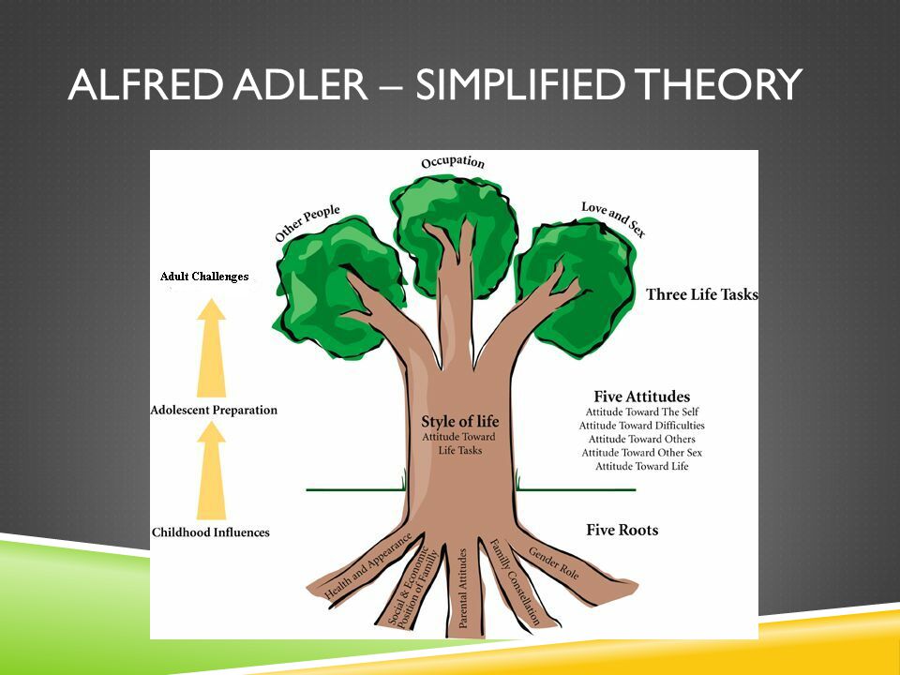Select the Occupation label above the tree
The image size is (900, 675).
pyautogui.click(x=453, y=162)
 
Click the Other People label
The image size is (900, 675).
pyautogui.click(x=307, y=223)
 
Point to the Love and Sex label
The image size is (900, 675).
pyautogui.click(x=613, y=218)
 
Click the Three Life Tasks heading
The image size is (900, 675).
pyautogui.click(x=702, y=294)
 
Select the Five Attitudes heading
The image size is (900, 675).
pyautogui.click(x=641, y=396)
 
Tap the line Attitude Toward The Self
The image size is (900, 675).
pyautogui.click(x=641, y=412)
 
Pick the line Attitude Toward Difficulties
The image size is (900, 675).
pyautogui.click(x=641, y=426)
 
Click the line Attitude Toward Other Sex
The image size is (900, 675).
pyautogui.click(x=641, y=452)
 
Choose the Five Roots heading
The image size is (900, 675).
pyautogui.click(x=622, y=530)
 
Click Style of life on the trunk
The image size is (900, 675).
pyautogui.click(x=459, y=421)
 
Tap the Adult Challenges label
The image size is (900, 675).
pyautogui.click(x=204, y=276)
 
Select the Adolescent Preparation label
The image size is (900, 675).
pyautogui.click(x=214, y=410)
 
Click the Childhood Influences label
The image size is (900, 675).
pyautogui.click(x=211, y=532)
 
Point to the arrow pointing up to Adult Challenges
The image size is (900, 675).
pyautogui.click(x=211, y=348)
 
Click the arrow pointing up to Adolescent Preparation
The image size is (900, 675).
pyautogui.click(x=211, y=471)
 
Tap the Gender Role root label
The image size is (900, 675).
pyautogui.click(x=553, y=563)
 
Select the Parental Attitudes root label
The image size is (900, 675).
pyautogui.click(x=462, y=589)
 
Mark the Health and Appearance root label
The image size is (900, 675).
pyautogui.click(x=367, y=566)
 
